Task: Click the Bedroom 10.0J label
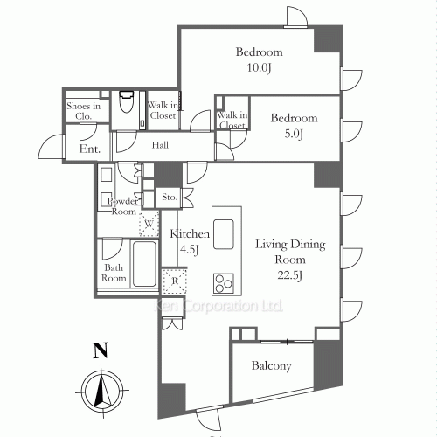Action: (x=260, y=59)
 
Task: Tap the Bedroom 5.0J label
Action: (x=292, y=124)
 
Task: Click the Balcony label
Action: (x=272, y=366)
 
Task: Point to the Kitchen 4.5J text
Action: (x=190, y=241)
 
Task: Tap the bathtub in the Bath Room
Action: (x=143, y=261)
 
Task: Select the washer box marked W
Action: (x=150, y=224)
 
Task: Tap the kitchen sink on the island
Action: (x=224, y=232)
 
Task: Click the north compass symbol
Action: (x=102, y=387)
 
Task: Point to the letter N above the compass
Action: (x=101, y=352)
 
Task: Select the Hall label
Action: (x=160, y=145)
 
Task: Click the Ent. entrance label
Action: (x=89, y=150)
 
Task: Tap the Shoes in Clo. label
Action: (x=83, y=110)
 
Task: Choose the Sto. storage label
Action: (x=170, y=198)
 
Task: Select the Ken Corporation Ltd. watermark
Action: (x=218, y=307)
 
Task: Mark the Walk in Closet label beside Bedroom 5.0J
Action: (x=232, y=121)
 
